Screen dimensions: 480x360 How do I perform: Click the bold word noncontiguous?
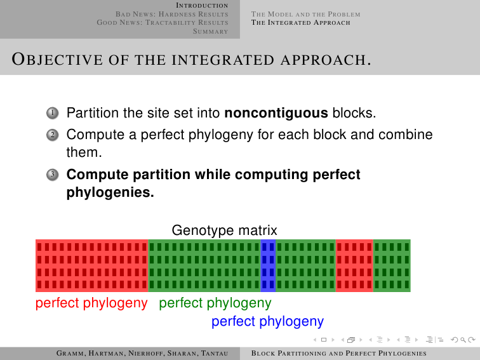click(x=276, y=114)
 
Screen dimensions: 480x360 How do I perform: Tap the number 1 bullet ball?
click(x=52, y=113)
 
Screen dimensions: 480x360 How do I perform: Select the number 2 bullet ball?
click(x=52, y=135)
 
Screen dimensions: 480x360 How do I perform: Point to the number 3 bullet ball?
click(x=52, y=175)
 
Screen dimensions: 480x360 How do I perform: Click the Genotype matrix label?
click(x=224, y=230)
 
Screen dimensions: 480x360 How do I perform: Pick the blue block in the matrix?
click(x=268, y=265)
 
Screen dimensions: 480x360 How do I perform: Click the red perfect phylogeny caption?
click(x=91, y=303)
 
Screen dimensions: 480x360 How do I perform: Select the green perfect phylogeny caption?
click(x=215, y=303)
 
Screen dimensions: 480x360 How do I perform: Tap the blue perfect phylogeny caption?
click(x=267, y=321)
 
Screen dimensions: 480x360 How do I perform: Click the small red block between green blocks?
click(x=354, y=265)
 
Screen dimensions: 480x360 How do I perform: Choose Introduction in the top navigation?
click(x=202, y=6)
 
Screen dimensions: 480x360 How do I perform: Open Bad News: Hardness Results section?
click(x=171, y=14)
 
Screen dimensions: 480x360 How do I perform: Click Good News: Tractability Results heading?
click(x=163, y=23)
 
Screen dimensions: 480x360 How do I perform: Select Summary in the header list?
click(x=211, y=31)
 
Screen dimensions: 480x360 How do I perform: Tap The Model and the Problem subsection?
click(x=306, y=14)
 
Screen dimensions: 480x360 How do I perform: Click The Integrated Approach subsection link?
click(x=300, y=23)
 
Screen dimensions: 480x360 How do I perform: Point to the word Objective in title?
click(x=57, y=59)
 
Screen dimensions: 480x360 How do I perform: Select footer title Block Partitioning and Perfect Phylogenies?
click(x=339, y=353)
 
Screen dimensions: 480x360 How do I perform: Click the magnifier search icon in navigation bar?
click(x=463, y=340)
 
